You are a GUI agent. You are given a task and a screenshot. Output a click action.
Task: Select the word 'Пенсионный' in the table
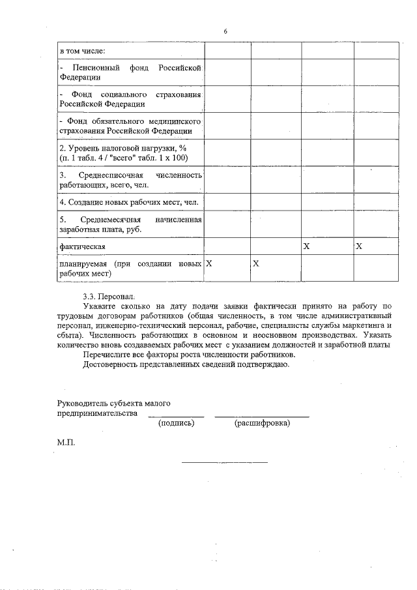[96, 68]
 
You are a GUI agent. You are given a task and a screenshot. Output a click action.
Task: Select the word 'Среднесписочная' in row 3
[113, 176]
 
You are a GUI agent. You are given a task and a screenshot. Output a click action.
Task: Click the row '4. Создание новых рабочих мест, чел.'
[128, 202]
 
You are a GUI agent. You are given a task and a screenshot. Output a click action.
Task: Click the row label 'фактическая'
[82, 246]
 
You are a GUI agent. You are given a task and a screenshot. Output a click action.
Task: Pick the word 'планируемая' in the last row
[83, 264]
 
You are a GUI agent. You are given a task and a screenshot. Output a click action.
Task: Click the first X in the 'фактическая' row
[306, 246]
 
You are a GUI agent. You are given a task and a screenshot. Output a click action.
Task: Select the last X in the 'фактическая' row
[358, 246]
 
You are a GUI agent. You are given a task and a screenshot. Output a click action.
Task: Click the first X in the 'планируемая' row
[209, 264]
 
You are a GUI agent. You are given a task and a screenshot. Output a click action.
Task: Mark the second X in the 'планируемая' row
[256, 264]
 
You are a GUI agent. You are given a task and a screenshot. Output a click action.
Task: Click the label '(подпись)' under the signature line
[176, 423]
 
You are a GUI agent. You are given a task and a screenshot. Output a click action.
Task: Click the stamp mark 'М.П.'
[66, 442]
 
